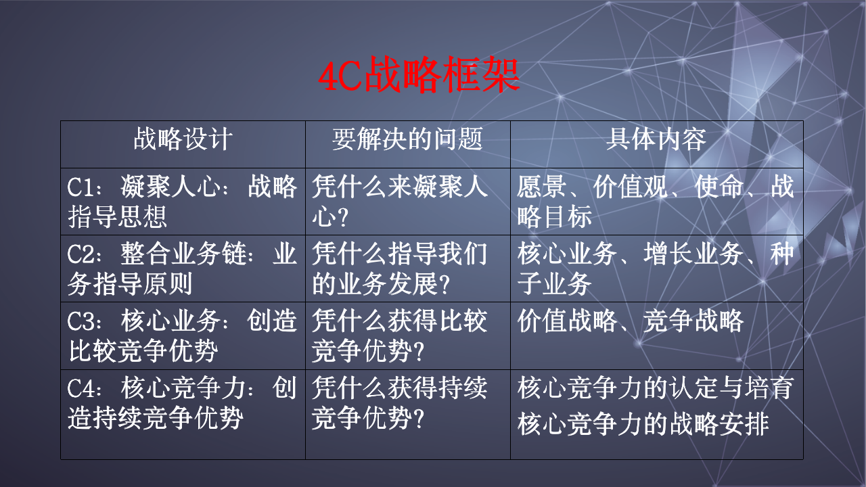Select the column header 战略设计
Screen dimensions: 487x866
[183, 139]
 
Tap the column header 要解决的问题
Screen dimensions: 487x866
[407, 139]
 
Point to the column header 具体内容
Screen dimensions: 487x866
[656, 139]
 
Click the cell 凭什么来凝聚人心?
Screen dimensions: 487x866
[399, 202]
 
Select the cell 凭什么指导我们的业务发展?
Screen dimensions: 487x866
[399, 269]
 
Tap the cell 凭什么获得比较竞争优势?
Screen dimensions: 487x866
[399, 335]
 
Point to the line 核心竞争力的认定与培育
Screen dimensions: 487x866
[655, 389]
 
